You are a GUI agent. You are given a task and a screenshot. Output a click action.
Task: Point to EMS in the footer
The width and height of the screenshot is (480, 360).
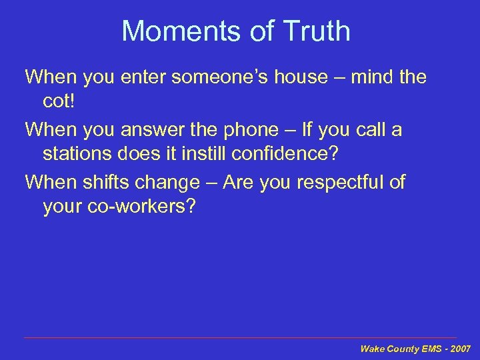pyautogui.click(x=432, y=349)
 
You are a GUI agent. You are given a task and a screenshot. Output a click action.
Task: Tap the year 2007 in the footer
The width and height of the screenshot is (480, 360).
pyautogui.click(x=461, y=349)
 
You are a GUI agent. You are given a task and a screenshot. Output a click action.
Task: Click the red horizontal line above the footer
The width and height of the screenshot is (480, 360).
pyautogui.click(x=240, y=338)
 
